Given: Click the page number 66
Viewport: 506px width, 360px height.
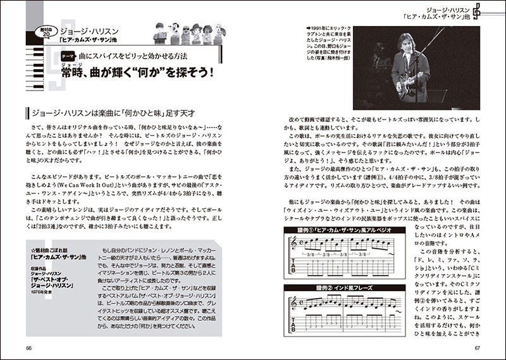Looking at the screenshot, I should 30,347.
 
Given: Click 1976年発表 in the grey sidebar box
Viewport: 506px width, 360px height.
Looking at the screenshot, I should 45,292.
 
